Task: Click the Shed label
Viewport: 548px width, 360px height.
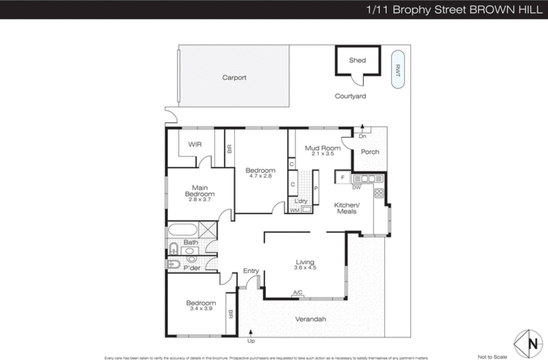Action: click(x=357, y=60)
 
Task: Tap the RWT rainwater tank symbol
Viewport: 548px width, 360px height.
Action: click(x=398, y=69)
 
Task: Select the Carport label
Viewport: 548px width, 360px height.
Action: click(x=234, y=78)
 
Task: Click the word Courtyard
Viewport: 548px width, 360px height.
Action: click(x=350, y=96)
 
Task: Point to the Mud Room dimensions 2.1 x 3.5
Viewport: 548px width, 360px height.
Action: click(x=323, y=154)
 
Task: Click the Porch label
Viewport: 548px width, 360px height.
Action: click(x=370, y=152)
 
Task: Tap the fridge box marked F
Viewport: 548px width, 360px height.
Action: click(x=342, y=178)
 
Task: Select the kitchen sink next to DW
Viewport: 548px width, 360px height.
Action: click(x=368, y=179)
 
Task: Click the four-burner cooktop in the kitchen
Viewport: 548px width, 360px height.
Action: click(x=379, y=193)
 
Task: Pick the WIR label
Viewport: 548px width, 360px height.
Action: click(x=195, y=144)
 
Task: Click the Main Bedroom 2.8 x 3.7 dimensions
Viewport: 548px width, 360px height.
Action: click(x=200, y=199)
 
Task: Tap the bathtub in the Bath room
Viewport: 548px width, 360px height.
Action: click(x=183, y=230)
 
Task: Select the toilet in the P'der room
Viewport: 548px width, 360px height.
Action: click(x=174, y=264)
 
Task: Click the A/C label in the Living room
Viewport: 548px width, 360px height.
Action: click(x=298, y=292)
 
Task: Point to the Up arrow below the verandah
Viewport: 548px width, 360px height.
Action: click(x=251, y=332)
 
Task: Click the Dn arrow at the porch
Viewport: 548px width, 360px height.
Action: click(x=362, y=127)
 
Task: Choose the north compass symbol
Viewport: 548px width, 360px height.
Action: click(x=528, y=344)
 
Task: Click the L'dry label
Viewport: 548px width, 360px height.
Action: click(x=301, y=201)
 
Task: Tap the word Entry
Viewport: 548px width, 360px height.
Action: click(x=251, y=271)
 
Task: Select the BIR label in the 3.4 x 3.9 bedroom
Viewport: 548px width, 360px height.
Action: click(x=231, y=314)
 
